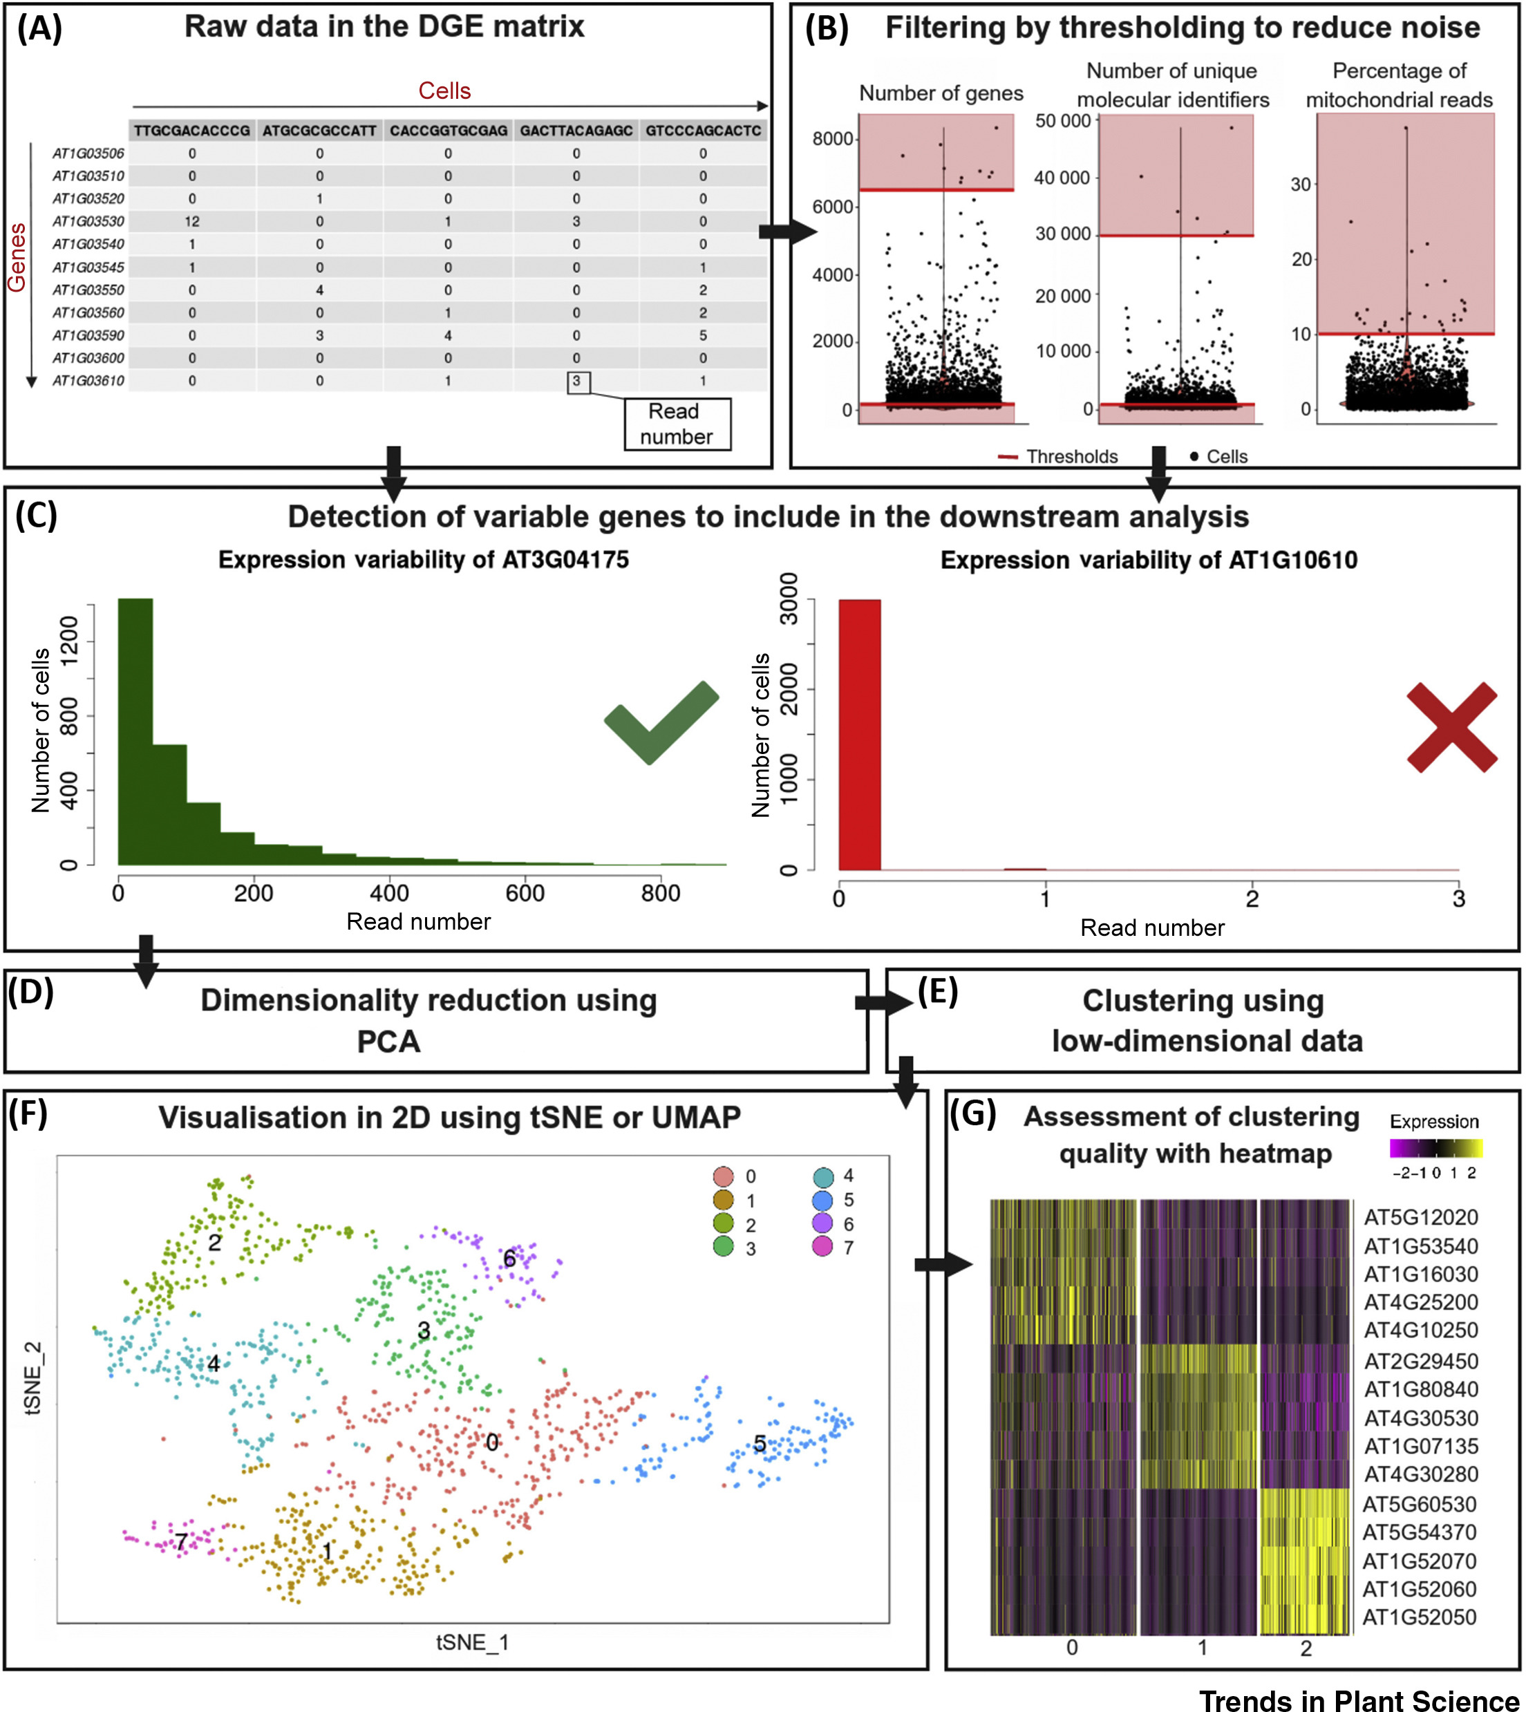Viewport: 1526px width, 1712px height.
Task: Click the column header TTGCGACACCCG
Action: click(x=192, y=131)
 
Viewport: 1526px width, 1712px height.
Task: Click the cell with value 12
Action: click(x=192, y=222)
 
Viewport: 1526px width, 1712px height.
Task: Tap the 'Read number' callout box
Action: click(x=677, y=424)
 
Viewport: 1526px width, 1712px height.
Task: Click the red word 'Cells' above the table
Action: click(x=444, y=91)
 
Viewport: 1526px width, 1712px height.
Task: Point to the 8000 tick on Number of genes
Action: click(x=833, y=139)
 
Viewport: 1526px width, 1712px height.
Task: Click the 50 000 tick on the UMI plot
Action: click(x=1062, y=122)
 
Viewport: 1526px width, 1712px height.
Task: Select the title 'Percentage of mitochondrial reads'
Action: click(x=1399, y=86)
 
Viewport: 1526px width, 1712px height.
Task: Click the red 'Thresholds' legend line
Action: click(x=1008, y=457)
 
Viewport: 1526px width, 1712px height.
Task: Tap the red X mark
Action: click(x=1451, y=727)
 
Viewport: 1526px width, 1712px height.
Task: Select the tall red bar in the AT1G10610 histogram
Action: click(x=860, y=735)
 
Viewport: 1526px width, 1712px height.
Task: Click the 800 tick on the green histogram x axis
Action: click(x=661, y=894)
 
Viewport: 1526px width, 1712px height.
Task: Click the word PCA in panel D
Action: click(x=388, y=1042)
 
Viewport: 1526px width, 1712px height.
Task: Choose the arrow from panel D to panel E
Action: click(x=883, y=1002)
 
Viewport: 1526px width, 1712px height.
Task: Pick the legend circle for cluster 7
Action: click(x=822, y=1247)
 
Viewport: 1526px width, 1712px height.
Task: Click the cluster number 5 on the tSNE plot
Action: click(x=760, y=1444)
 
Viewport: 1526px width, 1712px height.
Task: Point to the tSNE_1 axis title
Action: click(x=472, y=1642)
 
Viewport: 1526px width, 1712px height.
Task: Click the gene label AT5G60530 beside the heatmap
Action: click(x=1420, y=1504)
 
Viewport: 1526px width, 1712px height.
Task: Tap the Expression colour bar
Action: click(x=1435, y=1149)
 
